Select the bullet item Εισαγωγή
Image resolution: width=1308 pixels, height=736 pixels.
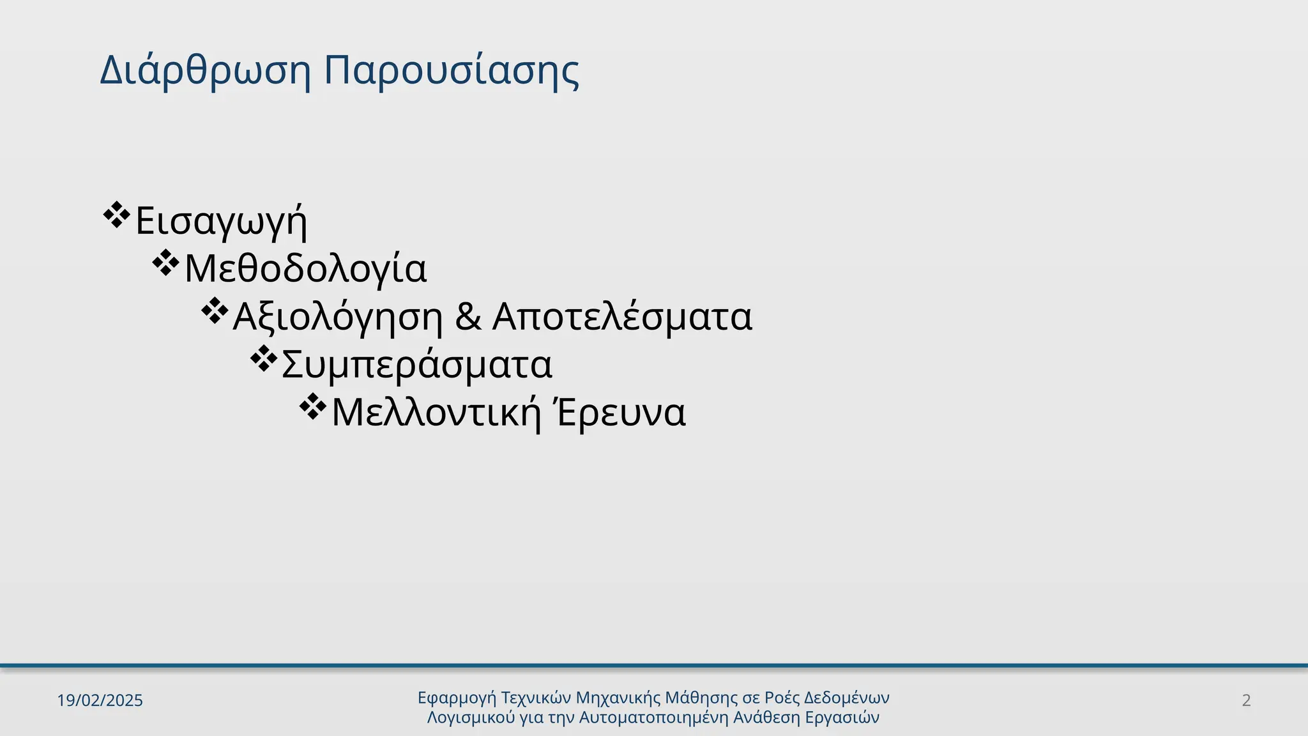(x=221, y=220)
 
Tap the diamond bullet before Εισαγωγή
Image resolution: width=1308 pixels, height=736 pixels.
(x=116, y=215)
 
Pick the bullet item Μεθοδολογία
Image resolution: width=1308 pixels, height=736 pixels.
(x=305, y=268)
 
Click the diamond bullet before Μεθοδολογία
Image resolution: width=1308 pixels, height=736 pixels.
(x=165, y=263)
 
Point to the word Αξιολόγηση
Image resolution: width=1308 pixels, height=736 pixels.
(x=338, y=316)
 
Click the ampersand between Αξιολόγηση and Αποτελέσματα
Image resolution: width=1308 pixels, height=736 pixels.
(x=468, y=316)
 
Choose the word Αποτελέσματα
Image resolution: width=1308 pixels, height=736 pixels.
(x=622, y=316)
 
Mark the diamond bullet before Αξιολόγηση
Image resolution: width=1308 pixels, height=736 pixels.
(x=214, y=311)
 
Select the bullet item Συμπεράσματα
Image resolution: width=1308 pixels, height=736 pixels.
(x=416, y=364)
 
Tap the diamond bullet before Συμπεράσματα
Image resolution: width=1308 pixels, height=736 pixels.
(x=262, y=359)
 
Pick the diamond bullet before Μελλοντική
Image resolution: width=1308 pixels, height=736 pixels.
(x=312, y=407)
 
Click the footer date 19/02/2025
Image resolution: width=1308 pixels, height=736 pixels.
(x=100, y=700)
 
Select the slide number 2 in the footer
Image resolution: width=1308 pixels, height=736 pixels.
(x=1246, y=700)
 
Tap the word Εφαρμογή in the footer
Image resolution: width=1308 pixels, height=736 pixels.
(x=457, y=698)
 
